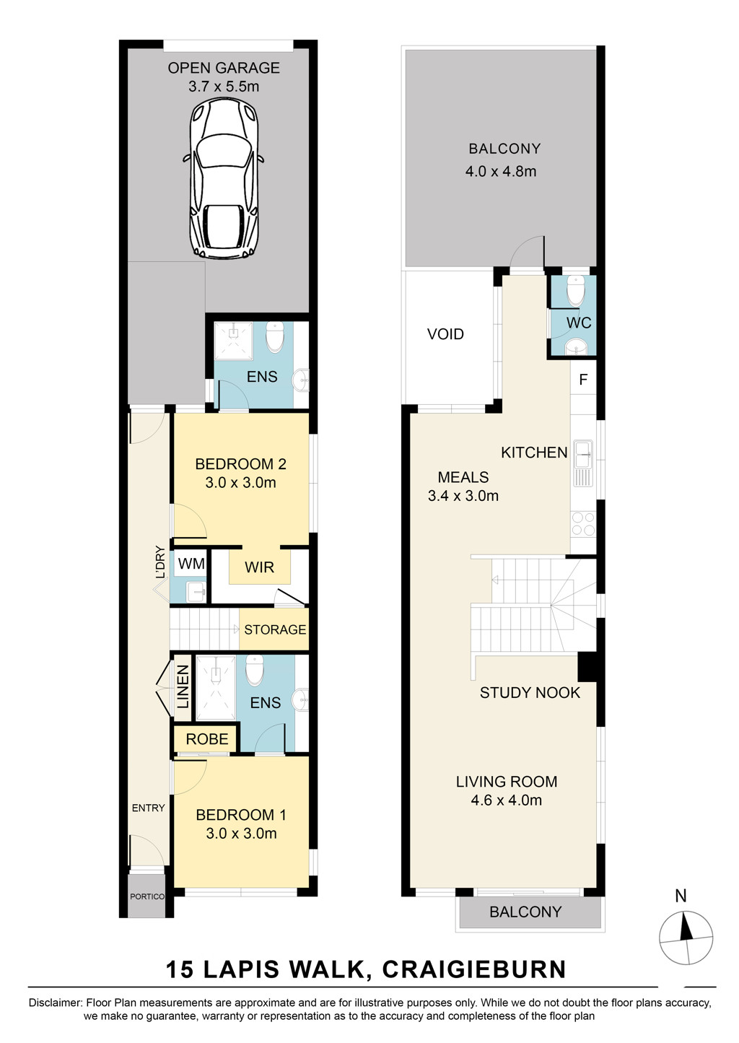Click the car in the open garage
(224, 178)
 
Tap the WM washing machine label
(191, 564)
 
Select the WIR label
(259, 567)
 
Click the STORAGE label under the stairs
(275, 629)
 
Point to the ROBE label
(207, 739)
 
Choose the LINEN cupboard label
(183, 687)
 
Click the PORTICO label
(147, 896)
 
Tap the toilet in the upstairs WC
(576, 290)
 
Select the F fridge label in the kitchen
(583, 380)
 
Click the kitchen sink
(583, 463)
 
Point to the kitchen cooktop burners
(583, 524)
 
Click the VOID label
(445, 334)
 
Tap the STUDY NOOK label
(530, 692)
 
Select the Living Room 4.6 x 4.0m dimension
(506, 800)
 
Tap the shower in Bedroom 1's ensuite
(216, 689)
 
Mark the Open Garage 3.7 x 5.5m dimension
(224, 87)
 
